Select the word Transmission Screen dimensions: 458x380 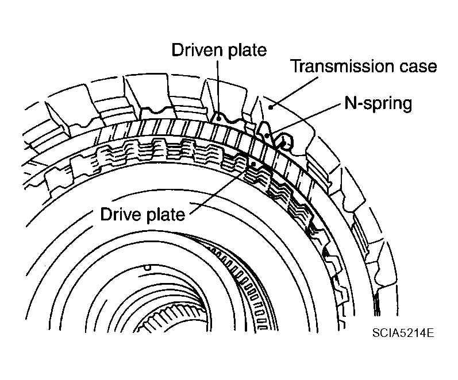(x=342, y=66)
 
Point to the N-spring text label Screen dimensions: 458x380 (x=379, y=103)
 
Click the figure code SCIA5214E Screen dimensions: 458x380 (x=403, y=333)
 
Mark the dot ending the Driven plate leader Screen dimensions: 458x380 (x=218, y=118)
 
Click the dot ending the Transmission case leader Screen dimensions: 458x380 (x=271, y=108)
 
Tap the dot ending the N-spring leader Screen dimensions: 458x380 (x=268, y=135)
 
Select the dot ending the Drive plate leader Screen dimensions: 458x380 (x=253, y=165)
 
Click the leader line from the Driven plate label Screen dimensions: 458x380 (x=218, y=89)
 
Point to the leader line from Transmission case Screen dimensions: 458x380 (x=294, y=92)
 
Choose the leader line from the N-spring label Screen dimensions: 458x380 (x=305, y=119)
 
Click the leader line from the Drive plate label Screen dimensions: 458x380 (x=222, y=189)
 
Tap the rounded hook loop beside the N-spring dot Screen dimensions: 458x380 (x=285, y=141)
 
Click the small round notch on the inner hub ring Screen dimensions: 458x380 (x=148, y=267)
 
